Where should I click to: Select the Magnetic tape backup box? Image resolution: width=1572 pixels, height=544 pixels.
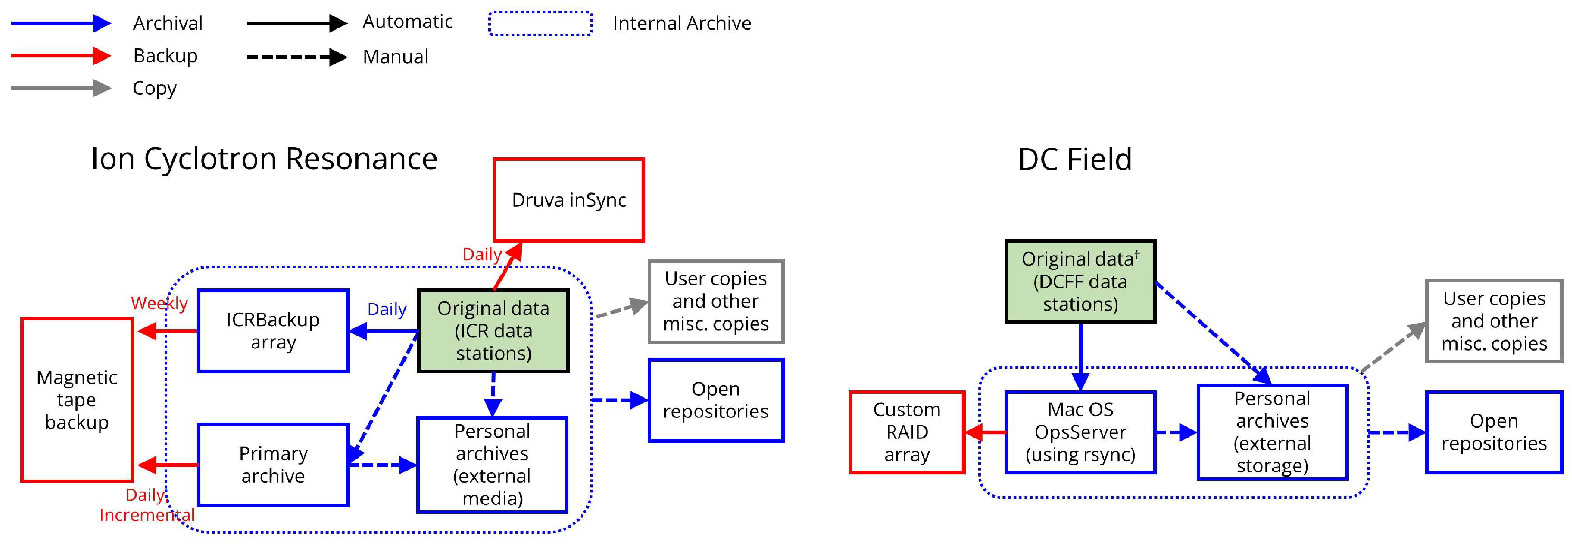tap(77, 400)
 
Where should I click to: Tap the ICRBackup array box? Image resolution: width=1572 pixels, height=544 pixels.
tap(273, 331)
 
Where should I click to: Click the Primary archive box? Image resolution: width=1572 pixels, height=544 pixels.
tap(273, 465)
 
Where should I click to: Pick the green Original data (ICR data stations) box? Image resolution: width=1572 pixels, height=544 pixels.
tap(493, 331)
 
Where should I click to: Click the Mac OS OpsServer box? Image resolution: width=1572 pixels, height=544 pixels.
tap(1080, 432)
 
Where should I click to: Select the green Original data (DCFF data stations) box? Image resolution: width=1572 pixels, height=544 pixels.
tap(1080, 281)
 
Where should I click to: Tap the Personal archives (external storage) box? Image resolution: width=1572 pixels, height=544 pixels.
tap(1272, 432)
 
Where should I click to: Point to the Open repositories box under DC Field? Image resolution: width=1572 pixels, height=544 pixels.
tap(1493, 432)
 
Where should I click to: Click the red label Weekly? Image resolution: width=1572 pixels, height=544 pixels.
tap(159, 303)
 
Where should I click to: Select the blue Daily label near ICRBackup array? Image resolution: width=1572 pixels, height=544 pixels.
tap(387, 309)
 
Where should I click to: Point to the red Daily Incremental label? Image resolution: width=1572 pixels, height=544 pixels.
tap(147, 505)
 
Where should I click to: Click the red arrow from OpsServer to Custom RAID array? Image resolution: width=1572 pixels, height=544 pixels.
tap(986, 432)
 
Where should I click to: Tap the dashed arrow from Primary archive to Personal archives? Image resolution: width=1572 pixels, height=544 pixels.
tap(382, 465)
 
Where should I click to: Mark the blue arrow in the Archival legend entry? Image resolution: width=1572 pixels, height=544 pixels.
tap(61, 24)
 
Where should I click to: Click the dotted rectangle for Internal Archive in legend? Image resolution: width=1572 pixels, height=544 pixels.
tap(540, 24)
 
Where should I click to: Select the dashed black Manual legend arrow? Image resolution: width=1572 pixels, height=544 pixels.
tap(296, 57)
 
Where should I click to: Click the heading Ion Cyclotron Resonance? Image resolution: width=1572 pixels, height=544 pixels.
tap(264, 159)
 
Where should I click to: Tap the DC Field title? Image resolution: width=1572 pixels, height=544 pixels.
tap(1074, 160)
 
